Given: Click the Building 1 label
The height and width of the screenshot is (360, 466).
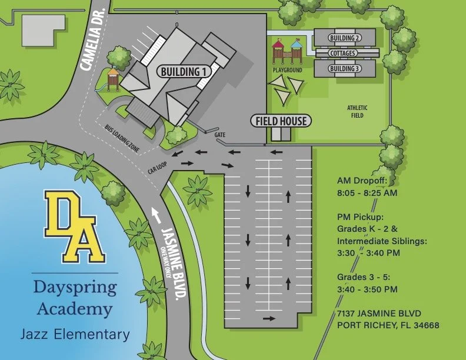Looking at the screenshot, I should tap(184, 72).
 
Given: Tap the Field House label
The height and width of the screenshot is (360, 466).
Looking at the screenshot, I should tap(281, 121).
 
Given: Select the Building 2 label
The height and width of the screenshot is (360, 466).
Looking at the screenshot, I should tap(345, 38).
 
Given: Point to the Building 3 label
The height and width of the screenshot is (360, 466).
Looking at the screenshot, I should tap(345, 69).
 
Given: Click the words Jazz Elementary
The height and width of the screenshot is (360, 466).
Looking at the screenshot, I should tap(75, 335).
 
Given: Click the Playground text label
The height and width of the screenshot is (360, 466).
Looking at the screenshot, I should tap(287, 70).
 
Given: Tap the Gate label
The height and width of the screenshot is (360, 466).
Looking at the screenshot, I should tap(220, 135).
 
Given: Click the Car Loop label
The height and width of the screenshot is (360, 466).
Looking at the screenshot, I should tap(158, 169).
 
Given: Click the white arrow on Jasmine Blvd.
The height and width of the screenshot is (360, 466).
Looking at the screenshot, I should tap(156, 214).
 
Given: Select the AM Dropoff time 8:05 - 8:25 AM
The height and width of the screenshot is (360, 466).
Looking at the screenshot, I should tap(367, 192).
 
